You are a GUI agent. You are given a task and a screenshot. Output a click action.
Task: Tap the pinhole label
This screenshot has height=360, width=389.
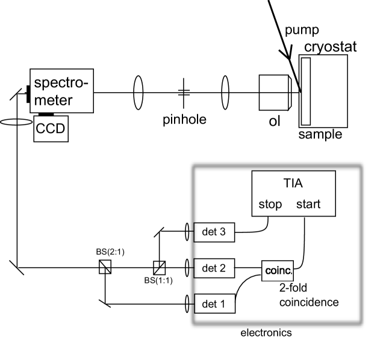[x=184, y=120]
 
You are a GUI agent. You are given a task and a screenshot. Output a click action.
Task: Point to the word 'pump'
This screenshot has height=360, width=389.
[x=302, y=31]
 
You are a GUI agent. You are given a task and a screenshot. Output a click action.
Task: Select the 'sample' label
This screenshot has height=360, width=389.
[x=320, y=134]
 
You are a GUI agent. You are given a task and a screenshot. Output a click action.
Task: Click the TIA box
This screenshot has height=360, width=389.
[x=293, y=193]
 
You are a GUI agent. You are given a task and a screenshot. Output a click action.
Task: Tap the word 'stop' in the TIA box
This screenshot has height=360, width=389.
[x=270, y=205]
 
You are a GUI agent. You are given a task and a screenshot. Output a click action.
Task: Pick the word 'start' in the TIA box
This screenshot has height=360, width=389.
[x=308, y=205]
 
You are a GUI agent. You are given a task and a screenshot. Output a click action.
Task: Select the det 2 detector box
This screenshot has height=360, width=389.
[x=214, y=267]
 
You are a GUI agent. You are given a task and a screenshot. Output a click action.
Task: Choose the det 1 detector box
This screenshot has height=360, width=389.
[x=214, y=304]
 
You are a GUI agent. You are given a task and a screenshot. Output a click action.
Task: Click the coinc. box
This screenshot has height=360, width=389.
[x=278, y=271]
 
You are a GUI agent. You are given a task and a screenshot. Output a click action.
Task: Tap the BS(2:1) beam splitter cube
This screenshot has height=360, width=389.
[x=105, y=267]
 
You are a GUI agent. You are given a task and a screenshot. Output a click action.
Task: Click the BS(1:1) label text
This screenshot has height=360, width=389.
[x=159, y=281]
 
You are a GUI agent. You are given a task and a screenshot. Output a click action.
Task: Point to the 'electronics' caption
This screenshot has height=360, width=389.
[x=266, y=332]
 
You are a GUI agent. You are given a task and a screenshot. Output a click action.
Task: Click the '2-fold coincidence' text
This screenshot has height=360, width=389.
[x=309, y=295]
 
